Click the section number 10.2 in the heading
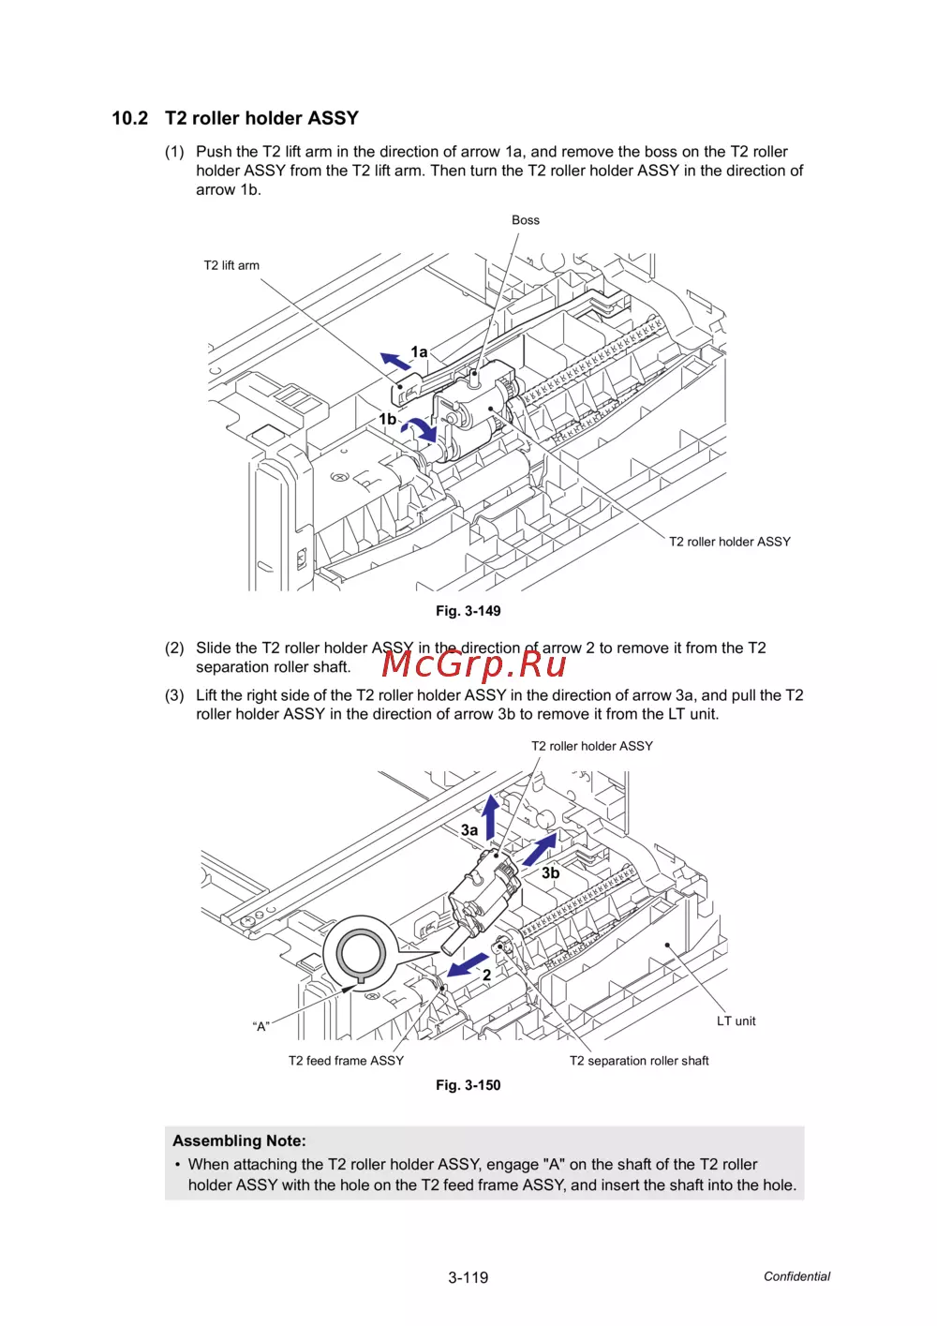(129, 118)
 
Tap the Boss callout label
(525, 219)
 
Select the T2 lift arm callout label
(231, 265)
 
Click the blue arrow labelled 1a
(394, 361)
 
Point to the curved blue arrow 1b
(422, 428)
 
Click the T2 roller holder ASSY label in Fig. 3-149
(729, 541)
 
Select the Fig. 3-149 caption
(468, 610)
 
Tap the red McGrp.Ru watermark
(473, 663)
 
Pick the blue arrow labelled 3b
(540, 849)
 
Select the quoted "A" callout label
(261, 1026)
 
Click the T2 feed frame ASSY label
(347, 1060)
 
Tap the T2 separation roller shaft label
(639, 1060)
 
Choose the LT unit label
(736, 1021)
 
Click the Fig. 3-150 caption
(468, 1084)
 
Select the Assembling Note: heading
(239, 1140)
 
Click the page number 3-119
(468, 1277)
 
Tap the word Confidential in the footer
(796, 1275)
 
